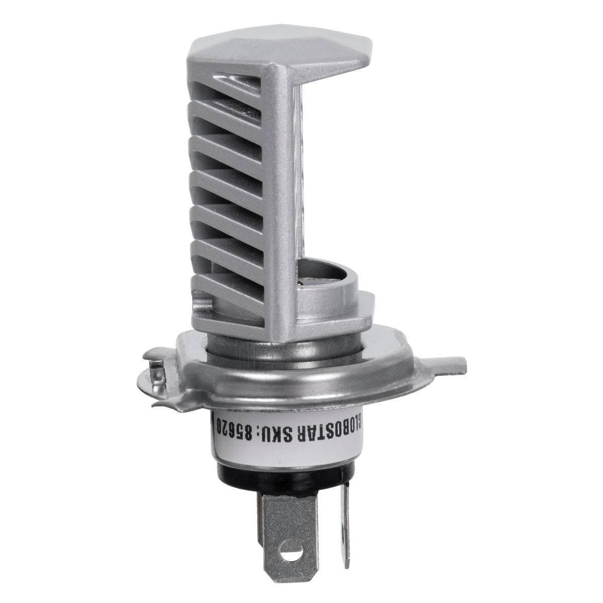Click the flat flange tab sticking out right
click(x=442, y=361)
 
